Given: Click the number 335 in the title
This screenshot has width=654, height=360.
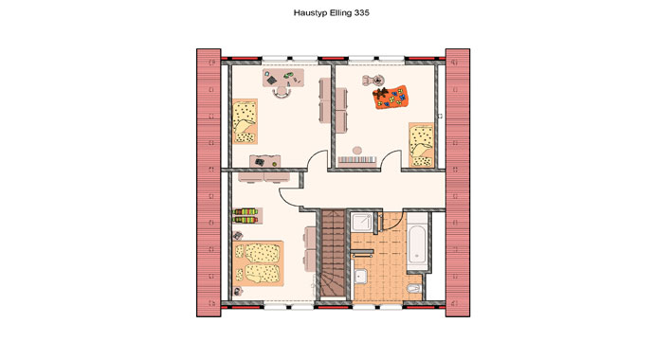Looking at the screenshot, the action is [x=362, y=12].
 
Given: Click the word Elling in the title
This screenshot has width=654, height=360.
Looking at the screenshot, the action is [x=341, y=13].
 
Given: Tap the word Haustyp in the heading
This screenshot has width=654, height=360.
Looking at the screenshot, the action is [x=311, y=13].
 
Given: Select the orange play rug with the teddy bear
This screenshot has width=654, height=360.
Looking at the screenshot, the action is [x=390, y=97].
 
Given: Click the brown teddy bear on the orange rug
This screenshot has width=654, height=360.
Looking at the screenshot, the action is [x=380, y=93].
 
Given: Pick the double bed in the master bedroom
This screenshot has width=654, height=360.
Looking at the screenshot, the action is [x=259, y=263].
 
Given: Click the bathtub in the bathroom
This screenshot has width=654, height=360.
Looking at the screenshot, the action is [x=417, y=243].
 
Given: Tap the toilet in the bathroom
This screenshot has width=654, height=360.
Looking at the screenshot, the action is [x=414, y=287].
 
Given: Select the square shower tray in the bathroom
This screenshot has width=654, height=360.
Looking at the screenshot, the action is [x=362, y=222].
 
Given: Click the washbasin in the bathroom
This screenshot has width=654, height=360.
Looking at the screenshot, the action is [x=360, y=276].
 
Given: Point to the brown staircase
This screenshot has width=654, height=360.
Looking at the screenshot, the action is [x=333, y=253].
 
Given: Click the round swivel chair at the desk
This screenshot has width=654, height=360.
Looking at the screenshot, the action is [x=282, y=92].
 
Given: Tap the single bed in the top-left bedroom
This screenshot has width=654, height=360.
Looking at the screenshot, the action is [x=245, y=121].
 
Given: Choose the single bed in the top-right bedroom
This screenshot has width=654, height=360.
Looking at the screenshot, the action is [x=421, y=145].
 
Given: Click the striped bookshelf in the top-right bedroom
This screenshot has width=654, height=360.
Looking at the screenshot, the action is [x=357, y=160].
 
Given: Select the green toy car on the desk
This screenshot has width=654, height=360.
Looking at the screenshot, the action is [x=288, y=76].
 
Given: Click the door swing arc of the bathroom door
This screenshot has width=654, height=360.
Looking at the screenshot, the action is [x=395, y=223].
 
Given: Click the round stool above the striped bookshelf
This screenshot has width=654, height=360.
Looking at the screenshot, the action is [x=357, y=151].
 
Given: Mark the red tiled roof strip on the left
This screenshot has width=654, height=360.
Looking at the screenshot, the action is [x=209, y=183].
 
